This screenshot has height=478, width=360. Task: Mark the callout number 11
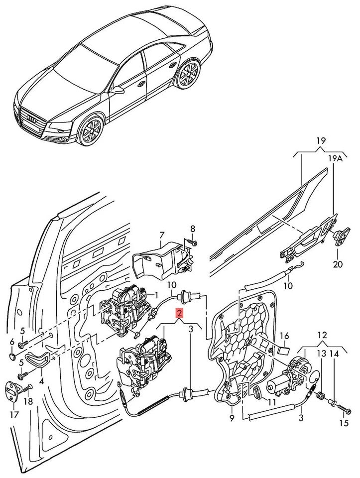point(271,401)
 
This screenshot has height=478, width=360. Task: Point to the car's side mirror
point(118,91)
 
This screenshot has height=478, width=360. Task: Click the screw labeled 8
point(195,243)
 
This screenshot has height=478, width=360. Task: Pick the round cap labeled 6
point(12,357)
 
